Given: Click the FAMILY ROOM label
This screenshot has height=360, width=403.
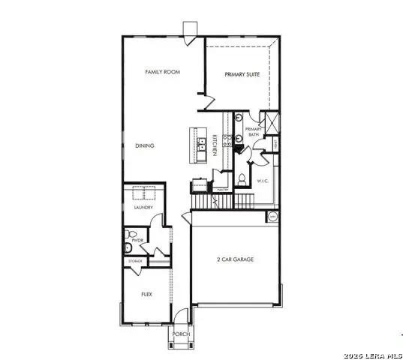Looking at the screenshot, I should (159, 72).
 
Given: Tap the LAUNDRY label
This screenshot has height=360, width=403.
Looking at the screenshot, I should (143, 207).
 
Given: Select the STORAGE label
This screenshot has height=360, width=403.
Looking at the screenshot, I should (134, 261).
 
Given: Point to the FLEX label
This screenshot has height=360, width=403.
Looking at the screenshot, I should (147, 294).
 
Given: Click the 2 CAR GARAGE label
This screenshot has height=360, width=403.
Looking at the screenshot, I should (236, 259).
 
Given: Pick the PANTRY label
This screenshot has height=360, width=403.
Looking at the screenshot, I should (223, 190).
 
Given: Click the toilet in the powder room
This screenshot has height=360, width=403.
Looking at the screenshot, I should (128, 248).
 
